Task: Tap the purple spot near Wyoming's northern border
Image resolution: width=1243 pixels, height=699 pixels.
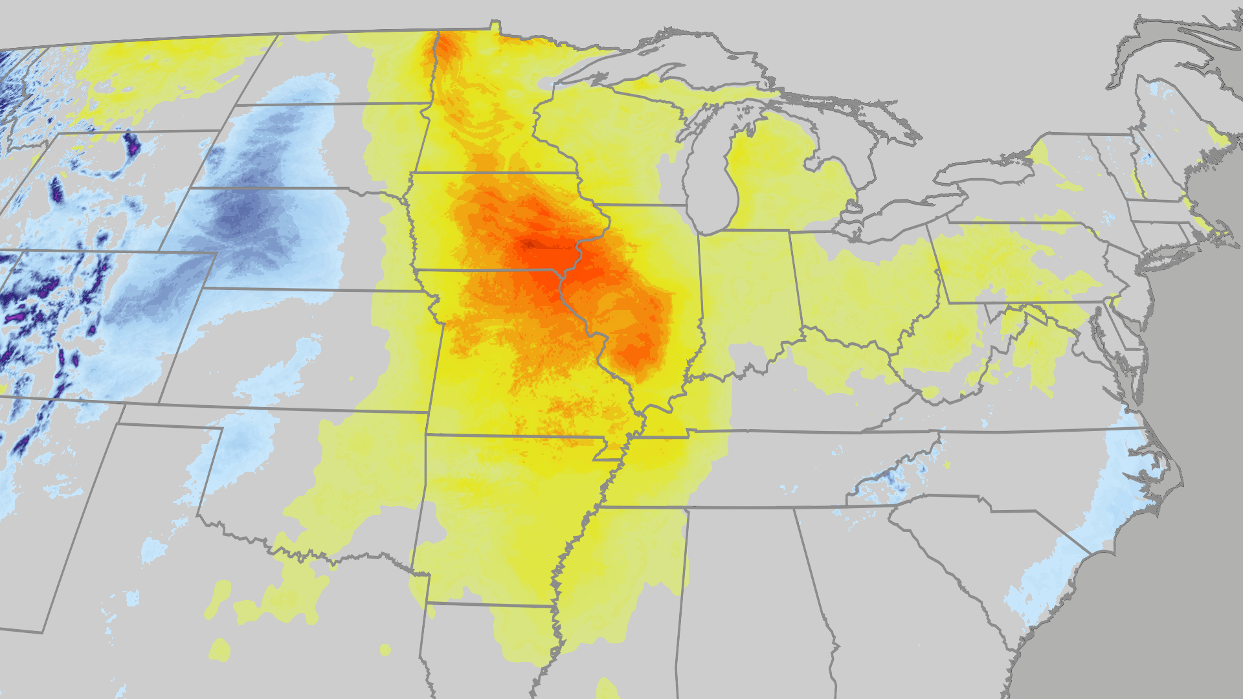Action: point(132,144)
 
